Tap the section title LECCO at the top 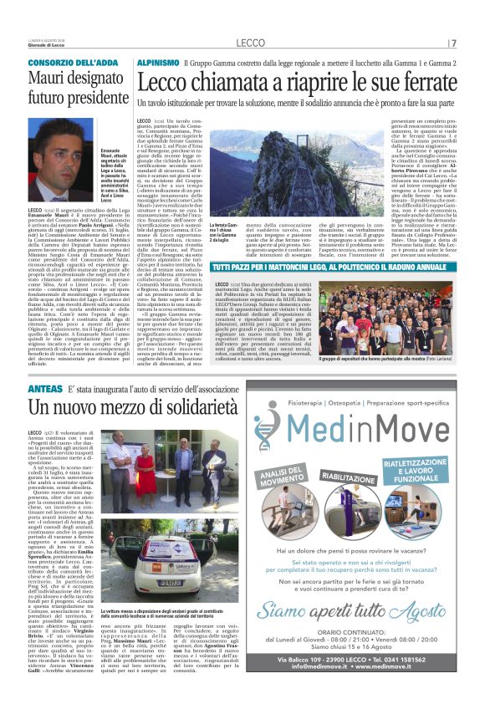251,43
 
